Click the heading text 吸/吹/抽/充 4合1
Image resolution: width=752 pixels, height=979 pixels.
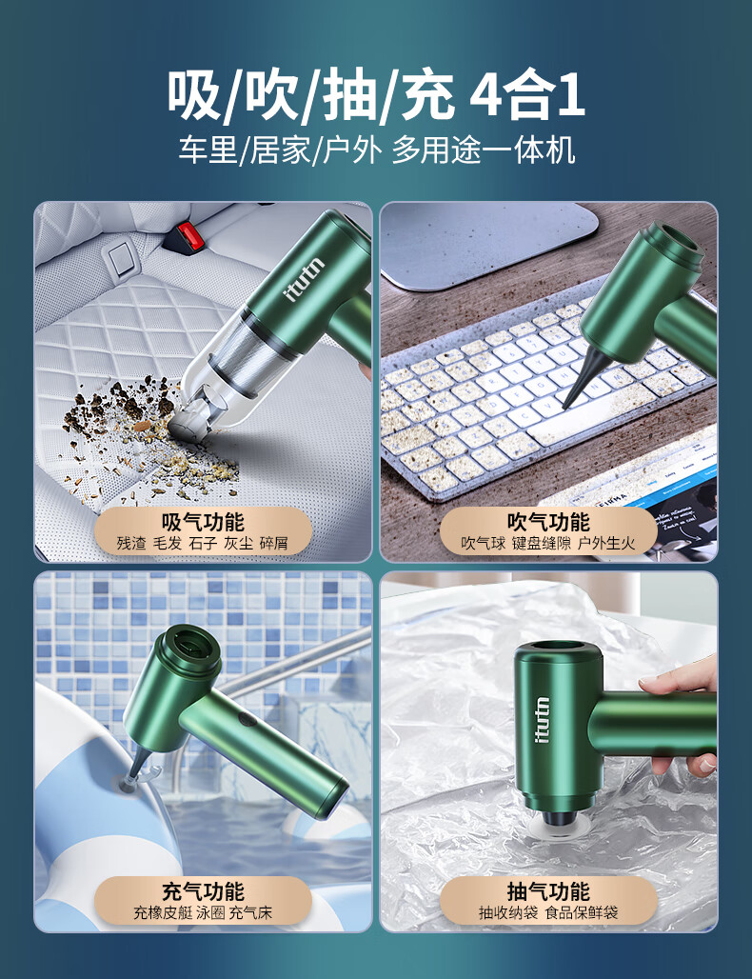pos(376,95)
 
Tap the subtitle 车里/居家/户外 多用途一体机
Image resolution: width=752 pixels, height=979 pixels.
pos(376,150)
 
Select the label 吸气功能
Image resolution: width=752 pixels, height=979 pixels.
pos(203,522)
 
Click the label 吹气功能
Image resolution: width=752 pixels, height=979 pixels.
pos(548,522)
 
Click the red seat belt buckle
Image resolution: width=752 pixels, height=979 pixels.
pos(188,236)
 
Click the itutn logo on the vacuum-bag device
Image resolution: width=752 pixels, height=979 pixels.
pos(543,719)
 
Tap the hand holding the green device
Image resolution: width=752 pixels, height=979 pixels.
pos(683,718)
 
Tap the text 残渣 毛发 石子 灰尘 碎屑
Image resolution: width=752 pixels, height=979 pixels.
pos(203,543)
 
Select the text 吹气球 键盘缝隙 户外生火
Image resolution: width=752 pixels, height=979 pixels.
pos(548,543)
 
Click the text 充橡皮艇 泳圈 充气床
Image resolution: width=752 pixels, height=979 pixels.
pos(203,913)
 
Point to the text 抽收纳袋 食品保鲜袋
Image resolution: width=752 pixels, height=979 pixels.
pos(548,913)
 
